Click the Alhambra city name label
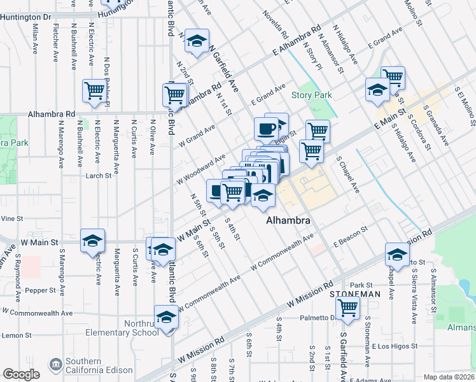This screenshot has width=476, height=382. click(x=288, y=220)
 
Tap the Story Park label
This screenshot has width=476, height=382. click(x=312, y=95)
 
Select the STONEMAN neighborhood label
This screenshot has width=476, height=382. click(x=355, y=295)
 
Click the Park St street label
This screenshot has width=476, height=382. click(x=360, y=285)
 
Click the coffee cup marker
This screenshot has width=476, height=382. click(x=266, y=129)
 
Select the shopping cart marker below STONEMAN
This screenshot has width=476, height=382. click(x=348, y=308)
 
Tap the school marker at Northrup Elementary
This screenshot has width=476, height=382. click(x=166, y=316)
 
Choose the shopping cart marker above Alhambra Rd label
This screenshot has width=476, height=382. click(x=94, y=91)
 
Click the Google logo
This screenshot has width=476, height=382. click(x=21, y=374)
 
